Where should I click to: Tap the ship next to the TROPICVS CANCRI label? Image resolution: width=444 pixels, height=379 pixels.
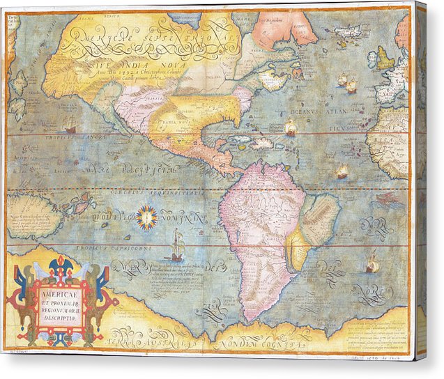(x=69, y=125)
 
